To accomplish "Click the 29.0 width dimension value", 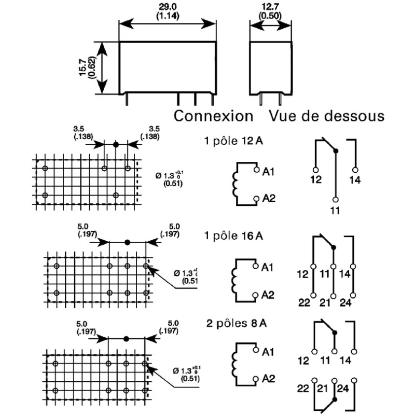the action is [168, 7].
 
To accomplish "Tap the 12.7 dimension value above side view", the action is [270, 7].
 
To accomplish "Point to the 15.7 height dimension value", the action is [83, 67].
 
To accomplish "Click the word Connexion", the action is [213, 116].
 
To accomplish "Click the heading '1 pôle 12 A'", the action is [234, 141].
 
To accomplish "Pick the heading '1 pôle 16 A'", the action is [234, 236].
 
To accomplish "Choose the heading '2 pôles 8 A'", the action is [237, 323].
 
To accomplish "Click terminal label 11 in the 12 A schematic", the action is [335, 211].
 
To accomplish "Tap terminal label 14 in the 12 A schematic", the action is [355, 180].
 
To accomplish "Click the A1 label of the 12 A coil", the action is [268, 172].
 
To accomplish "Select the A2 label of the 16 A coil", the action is [268, 295].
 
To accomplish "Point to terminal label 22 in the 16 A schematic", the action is [304, 302].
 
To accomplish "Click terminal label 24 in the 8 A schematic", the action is [343, 389].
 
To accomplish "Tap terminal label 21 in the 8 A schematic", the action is [322, 389].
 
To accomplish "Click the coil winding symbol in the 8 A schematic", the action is [235, 364].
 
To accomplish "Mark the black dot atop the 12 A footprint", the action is [116, 145].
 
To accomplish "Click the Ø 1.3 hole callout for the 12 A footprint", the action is [170, 179].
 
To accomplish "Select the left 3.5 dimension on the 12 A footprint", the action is [83, 133].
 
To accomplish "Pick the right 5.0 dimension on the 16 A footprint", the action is [170, 230].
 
